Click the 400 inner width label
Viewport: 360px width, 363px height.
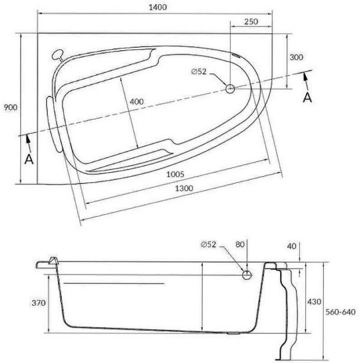[x=136, y=101]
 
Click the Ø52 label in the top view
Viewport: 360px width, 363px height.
[x=199, y=73]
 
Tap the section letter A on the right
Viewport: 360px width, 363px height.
[x=307, y=97]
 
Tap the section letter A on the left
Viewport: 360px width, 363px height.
[x=29, y=159]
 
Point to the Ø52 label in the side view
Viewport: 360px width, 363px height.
[x=209, y=244]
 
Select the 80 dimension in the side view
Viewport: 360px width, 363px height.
[x=239, y=244]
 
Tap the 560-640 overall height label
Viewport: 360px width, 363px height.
[x=340, y=312]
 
